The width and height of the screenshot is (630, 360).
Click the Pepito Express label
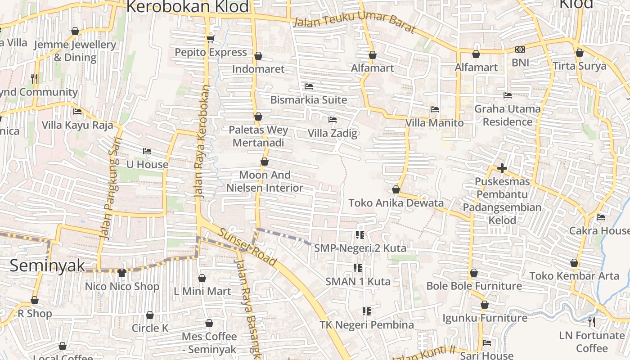point(211,52)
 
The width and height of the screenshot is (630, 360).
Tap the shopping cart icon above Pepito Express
point(210,39)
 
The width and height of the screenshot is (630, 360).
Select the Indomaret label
point(258,69)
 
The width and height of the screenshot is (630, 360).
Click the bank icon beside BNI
point(520,49)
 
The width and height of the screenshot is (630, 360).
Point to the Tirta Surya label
point(580,66)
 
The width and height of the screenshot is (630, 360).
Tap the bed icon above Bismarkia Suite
point(309,86)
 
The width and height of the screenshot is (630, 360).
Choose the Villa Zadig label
point(333,133)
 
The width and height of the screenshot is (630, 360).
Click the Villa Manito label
point(434,123)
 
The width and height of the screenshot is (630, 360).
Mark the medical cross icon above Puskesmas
point(502,168)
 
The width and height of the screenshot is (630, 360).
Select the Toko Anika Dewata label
point(396,203)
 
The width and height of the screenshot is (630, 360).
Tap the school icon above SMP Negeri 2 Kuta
point(360,234)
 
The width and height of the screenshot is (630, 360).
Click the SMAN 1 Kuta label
point(358,282)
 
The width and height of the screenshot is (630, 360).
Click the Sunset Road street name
point(247,247)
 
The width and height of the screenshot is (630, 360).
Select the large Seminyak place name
point(47,265)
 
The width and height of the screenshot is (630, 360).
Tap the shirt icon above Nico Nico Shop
point(122,273)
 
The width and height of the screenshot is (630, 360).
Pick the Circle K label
point(150,328)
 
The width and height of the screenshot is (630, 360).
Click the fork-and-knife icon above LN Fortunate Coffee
point(592,322)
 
